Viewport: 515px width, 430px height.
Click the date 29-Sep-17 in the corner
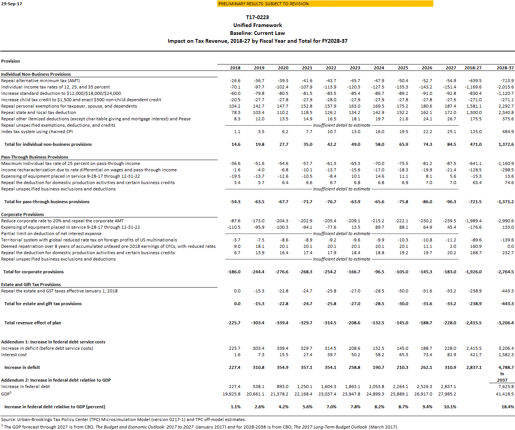[x=12, y=4]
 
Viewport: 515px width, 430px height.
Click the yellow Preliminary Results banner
[x=325, y=4]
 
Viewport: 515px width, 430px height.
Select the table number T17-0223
[x=257, y=17]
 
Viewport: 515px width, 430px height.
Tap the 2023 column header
[x=355, y=68]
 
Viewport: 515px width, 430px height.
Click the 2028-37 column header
[x=505, y=68]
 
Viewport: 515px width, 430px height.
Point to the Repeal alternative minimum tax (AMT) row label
[x=40, y=81]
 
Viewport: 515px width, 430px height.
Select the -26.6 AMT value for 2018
[x=235, y=81]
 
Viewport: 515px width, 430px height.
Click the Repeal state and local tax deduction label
[x=39, y=112]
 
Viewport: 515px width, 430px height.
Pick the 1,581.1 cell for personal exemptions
[x=474, y=106]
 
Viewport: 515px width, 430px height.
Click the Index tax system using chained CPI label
[x=37, y=132]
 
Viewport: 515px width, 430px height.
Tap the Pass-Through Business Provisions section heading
[x=34, y=157]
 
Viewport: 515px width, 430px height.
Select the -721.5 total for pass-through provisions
[x=475, y=202]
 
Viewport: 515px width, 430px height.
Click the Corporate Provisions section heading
[x=22, y=214]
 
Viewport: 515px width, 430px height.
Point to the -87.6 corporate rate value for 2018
[x=235, y=221]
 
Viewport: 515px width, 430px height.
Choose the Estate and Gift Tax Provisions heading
[x=31, y=285]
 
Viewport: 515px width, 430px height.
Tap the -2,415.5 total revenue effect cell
[x=473, y=323]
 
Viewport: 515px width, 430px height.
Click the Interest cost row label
[x=14, y=355]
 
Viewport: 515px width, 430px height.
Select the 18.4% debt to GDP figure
[x=508, y=407]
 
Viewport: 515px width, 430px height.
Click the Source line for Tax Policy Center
[x=124, y=420]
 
